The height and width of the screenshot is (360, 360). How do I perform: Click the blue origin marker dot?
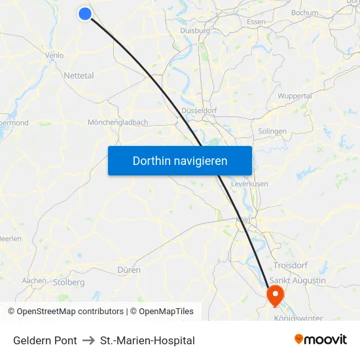tap(84, 13)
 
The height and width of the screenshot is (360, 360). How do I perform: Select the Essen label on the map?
tap(256, 22)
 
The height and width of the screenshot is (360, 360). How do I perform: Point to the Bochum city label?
tap(304, 12)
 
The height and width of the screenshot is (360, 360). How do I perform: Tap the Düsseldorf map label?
tap(199, 111)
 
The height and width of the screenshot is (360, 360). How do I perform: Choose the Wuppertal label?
tap(295, 96)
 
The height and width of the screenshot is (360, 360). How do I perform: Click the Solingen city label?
tap(272, 132)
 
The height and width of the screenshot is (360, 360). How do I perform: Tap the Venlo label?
tap(54, 56)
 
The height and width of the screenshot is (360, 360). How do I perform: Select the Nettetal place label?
tap(79, 75)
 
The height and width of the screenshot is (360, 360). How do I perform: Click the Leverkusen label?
tap(249, 184)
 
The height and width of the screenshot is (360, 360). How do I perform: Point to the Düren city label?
tap(129, 270)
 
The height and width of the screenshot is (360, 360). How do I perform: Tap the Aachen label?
tap(34, 281)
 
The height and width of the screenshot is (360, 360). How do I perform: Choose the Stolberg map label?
tap(69, 283)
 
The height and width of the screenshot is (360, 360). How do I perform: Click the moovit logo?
tap(321, 340)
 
